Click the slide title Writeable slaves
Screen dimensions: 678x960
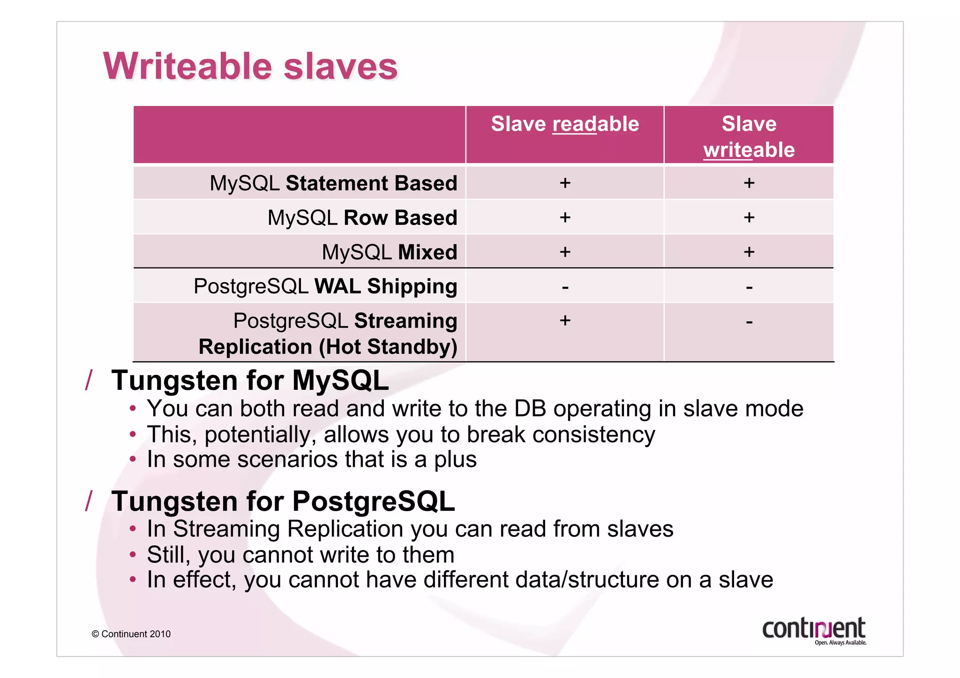(250, 66)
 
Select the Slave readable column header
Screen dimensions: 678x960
(564, 124)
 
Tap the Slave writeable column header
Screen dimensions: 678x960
(749, 136)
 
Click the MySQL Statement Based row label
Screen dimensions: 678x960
(333, 183)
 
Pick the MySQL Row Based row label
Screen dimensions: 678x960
(362, 218)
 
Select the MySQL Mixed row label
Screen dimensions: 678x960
(389, 253)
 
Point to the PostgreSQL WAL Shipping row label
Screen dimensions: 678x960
(325, 286)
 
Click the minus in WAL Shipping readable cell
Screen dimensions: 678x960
(565, 287)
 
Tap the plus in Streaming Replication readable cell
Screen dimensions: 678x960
(565, 321)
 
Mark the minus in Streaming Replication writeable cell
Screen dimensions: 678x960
(749, 322)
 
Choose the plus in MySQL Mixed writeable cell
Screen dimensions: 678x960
(749, 252)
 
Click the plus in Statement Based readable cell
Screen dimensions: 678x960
(565, 183)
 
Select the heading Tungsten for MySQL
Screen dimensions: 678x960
(250, 380)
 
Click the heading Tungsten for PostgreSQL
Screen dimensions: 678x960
(283, 501)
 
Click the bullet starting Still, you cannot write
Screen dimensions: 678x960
(300, 555)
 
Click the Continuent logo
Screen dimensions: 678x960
(814, 631)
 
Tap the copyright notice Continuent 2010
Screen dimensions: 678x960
(131, 634)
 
